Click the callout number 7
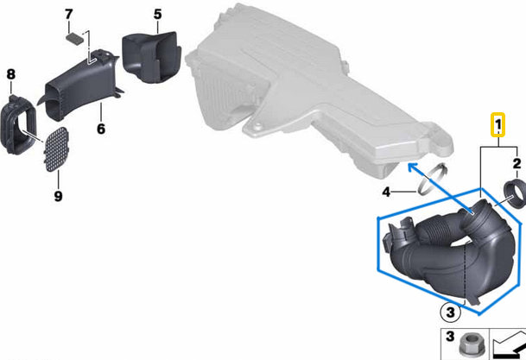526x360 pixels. [x=68, y=15]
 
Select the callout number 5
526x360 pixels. [x=158, y=15]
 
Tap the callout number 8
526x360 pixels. [x=11, y=74]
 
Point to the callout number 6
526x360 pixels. [x=101, y=129]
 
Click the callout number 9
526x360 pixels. [x=58, y=196]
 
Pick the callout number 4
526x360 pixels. [x=386, y=192]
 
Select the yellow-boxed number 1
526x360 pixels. [x=498, y=124]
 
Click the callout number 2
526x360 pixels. [x=517, y=163]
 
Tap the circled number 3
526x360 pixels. [x=450, y=313]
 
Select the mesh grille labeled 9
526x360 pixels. [x=56, y=149]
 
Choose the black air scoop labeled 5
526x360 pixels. [x=151, y=57]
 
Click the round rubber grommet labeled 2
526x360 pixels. [x=515, y=193]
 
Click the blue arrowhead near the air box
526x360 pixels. [x=413, y=167]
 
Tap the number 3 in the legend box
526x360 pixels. [x=449, y=336]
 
